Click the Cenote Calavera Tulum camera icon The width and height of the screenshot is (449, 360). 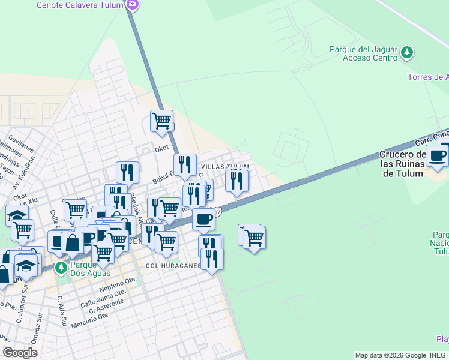coord(133,5)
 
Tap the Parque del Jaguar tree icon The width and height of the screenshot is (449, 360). coord(407,52)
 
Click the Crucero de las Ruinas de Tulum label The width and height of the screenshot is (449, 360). coord(403,164)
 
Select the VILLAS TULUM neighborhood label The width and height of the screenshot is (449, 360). coord(224,167)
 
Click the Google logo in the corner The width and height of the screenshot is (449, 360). coord(20,353)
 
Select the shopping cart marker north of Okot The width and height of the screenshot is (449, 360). coord(161,121)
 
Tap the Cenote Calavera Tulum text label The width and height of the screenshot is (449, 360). coord(80,5)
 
